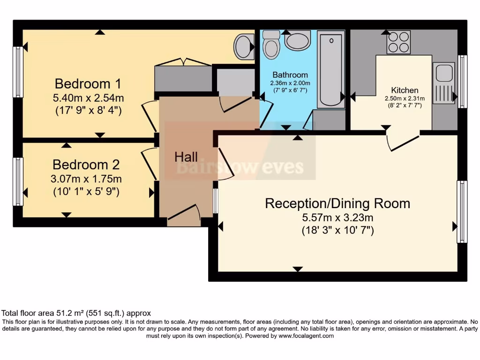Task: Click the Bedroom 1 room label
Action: click(x=88, y=84)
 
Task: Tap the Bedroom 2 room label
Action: click(x=86, y=165)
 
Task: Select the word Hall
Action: click(x=186, y=157)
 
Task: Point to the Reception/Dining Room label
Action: click(x=337, y=203)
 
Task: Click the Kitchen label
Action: click(x=405, y=90)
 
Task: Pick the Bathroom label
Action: click(x=290, y=75)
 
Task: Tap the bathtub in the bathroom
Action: click(x=331, y=69)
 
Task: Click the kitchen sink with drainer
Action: click(x=443, y=82)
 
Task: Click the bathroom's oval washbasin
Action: click(x=297, y=41)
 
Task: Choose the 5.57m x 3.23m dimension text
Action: click(x=337, y=217)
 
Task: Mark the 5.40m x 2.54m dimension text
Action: click(x=88, y=98)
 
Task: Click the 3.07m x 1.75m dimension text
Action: click(x=86, y=179)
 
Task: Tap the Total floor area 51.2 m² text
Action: click(x=76, y=313)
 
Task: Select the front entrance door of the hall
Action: click(x=184, y=212)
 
